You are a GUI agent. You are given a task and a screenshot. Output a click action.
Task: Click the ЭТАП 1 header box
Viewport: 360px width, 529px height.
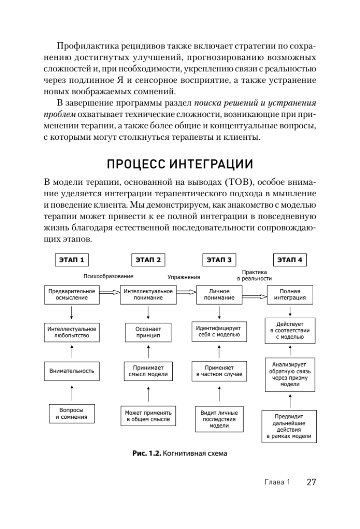(x=71, y=260)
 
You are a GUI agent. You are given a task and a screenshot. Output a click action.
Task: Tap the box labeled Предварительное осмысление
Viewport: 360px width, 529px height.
(x=71, y=294)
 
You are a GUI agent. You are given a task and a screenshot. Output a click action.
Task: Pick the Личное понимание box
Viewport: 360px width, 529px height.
(x=219, y=294)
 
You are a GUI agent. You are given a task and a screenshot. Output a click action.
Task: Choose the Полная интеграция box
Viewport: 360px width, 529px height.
(x=290, y=294)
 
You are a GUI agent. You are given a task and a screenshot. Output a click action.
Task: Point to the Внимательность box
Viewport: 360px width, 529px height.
(x=71, y=371)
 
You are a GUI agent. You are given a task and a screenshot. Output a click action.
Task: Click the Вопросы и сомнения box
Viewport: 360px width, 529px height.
(x=71, y=413)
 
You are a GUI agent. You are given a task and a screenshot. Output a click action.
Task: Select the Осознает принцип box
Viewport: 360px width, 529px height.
(x=148, y=332)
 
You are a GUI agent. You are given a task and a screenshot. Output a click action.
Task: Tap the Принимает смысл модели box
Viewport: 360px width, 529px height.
(x=148, y=371)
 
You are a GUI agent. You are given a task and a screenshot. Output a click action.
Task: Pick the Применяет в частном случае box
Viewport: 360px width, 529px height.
(x=219, y=371)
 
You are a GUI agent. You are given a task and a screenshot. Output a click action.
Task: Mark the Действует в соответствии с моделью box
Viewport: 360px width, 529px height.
(x=290, y=330)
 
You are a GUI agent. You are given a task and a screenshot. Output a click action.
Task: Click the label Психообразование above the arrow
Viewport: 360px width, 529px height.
(x=108, y=276)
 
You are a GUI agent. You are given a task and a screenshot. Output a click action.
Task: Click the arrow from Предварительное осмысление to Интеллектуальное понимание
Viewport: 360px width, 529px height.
(x=109, y=292)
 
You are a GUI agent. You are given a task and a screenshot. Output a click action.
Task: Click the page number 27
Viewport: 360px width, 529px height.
(x=311, y=482)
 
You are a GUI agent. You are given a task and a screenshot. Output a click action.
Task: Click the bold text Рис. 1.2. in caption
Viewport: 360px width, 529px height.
(x=146, y=453)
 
